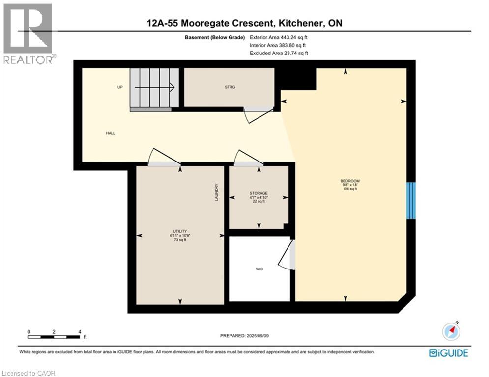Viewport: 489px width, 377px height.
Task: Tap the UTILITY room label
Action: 178,230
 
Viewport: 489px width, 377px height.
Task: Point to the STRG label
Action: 229,87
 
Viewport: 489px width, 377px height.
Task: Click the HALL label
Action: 110,133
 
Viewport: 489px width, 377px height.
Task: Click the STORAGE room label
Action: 259,194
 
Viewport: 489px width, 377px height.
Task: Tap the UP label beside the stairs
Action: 120,87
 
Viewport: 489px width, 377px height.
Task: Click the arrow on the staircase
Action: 155,88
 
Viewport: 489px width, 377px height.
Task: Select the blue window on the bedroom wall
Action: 411,200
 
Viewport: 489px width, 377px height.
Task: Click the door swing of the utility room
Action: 165,156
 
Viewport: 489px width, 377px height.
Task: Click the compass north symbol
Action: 451,331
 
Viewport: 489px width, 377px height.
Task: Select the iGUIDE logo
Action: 448,352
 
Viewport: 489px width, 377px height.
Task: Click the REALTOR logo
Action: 29,33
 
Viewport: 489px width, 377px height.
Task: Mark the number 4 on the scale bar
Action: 79,331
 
